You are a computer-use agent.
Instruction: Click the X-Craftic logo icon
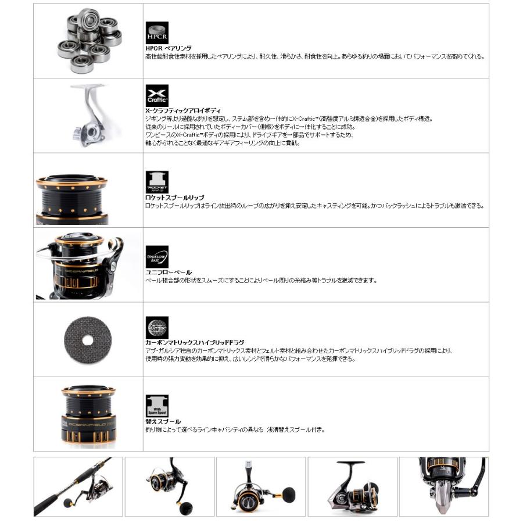[157, 96]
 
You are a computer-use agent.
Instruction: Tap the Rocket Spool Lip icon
[157, 182]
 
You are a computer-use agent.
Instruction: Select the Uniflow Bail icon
[157, 256]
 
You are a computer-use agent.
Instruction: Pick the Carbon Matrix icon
[157, 328]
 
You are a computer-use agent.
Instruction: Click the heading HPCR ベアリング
[169, 48]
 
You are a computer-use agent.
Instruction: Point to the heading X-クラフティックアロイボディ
[182, 110]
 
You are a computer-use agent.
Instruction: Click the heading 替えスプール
[163, 421]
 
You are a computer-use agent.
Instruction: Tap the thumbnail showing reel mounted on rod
[78, 486]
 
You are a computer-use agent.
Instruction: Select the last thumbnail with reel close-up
[453, 486]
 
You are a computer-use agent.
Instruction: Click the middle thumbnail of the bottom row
[261, 486]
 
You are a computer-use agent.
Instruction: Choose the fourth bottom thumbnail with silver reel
[352, 486]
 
